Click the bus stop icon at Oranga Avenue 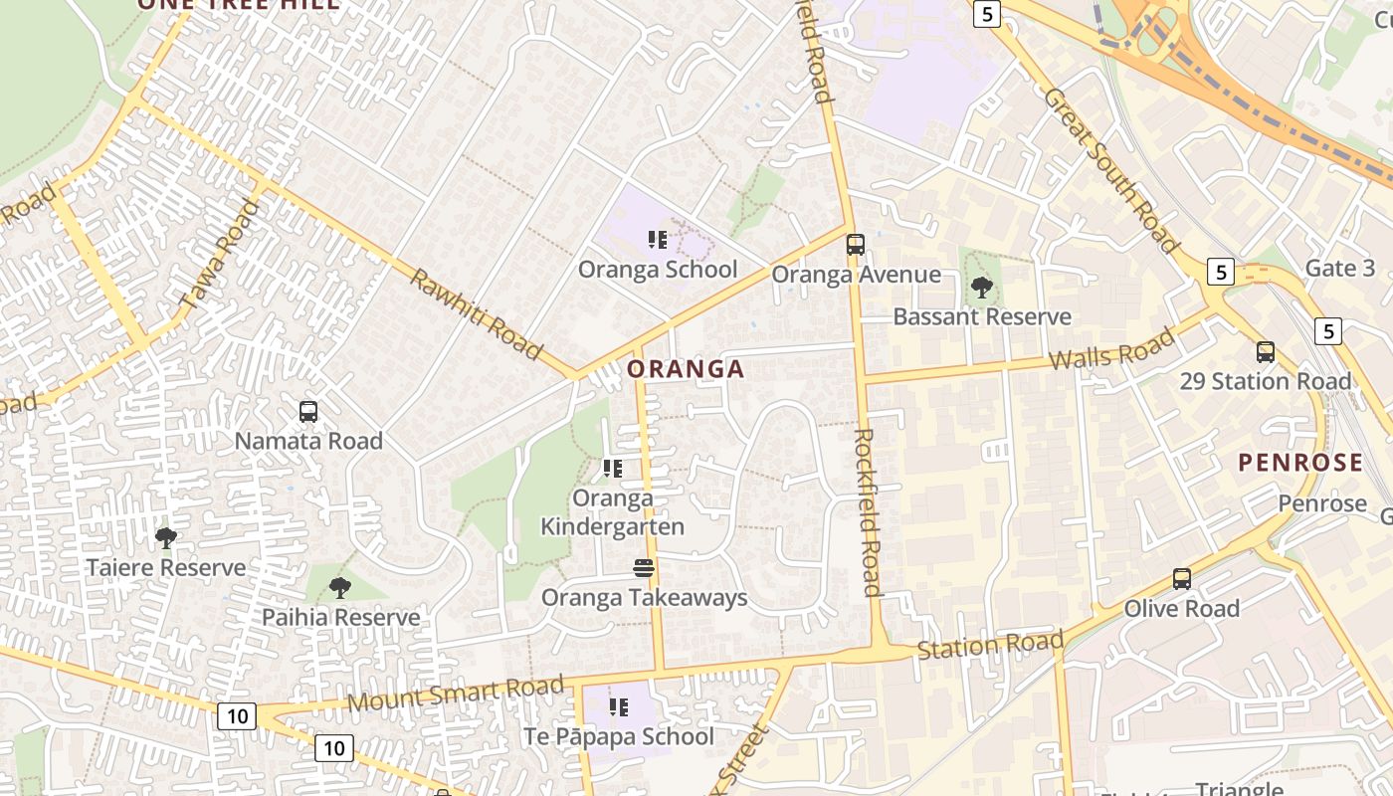coord(855,245)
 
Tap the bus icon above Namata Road coord(308,411)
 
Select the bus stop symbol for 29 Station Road coord(1265,351)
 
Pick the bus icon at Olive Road coord(1181,578)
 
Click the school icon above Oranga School coord(658,240)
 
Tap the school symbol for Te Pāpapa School coord(619,707)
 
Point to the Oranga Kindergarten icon coord(613,468)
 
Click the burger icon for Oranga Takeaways coord(644,568)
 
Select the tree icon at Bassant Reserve coord(982,288)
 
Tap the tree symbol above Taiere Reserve coord(166,538)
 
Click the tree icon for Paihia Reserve coord(340,588)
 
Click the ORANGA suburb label coord(686,369)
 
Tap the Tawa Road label coord(220,255)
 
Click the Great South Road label coord(1111,170)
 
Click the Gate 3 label coord(1339,269)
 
